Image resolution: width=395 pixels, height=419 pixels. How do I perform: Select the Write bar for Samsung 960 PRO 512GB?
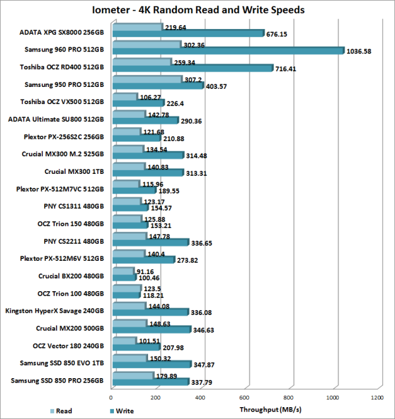pos(227,51)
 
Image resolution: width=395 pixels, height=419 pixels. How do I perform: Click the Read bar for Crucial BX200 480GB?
pos(122,271)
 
